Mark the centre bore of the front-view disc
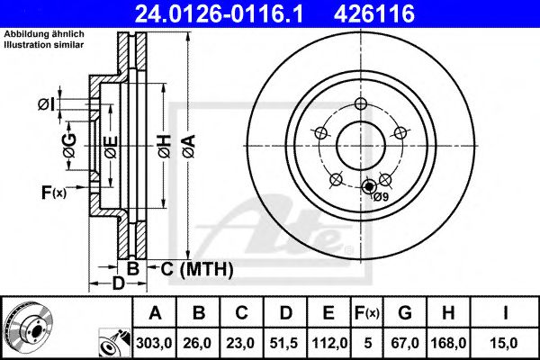point(359,142)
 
